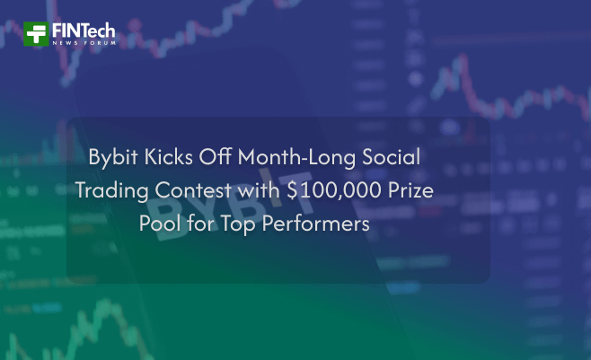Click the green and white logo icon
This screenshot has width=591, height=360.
click(37, 34)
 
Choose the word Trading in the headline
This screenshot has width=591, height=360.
click(111, 190)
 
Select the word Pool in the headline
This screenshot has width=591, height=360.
click(159, 224)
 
